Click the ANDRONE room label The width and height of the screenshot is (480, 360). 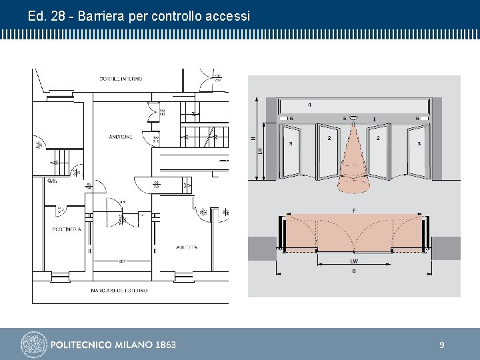[121, 137]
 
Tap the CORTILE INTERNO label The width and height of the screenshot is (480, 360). [121, 79]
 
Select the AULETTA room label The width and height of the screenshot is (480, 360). [186, 247]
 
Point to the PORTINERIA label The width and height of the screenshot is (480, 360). [67, 229]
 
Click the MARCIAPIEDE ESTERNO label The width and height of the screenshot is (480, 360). [119, 291]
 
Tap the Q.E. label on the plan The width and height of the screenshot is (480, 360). [52, 181]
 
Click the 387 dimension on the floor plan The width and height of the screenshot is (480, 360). [123, 261]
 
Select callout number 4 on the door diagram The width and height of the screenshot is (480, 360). [309, 105]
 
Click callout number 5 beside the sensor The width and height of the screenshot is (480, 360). [345, 119]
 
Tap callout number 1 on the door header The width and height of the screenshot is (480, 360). [374, 120]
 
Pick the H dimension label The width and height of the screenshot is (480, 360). [253, 138]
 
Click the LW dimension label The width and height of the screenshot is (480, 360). [353, 261]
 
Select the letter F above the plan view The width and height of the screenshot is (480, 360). [353, 211]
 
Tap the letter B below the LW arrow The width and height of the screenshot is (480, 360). [353, 271]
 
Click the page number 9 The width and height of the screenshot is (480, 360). [441, 345]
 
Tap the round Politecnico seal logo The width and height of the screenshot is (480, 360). [33, 345]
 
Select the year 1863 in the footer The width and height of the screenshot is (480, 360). [165, 345]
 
